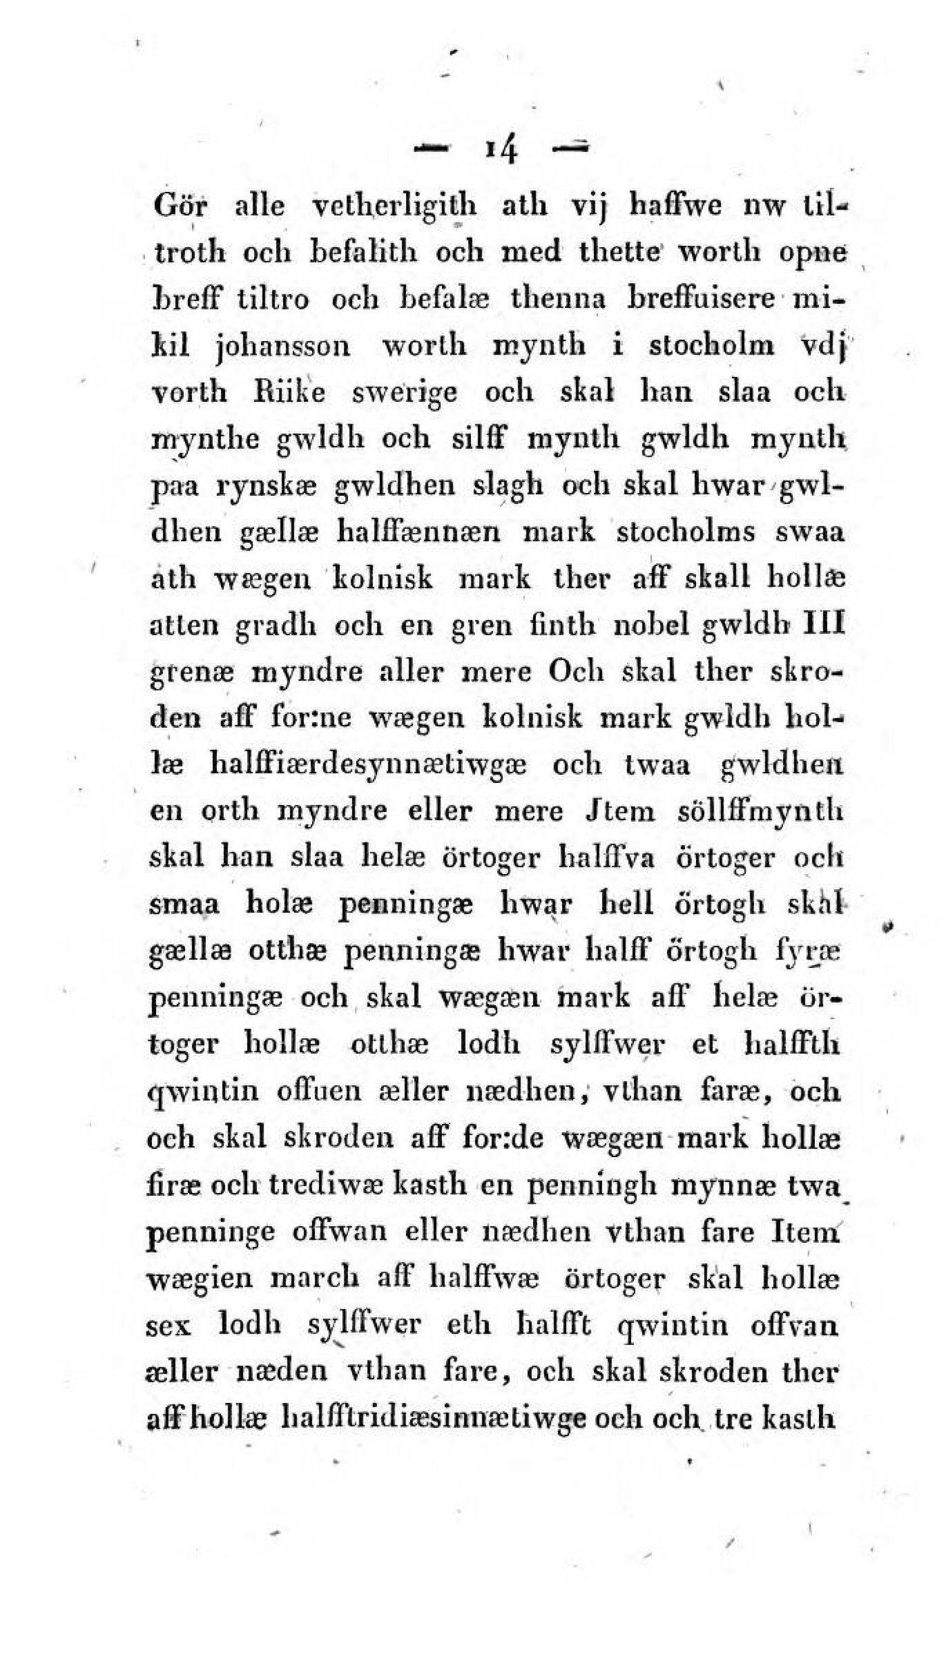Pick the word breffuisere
(703, 299)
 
